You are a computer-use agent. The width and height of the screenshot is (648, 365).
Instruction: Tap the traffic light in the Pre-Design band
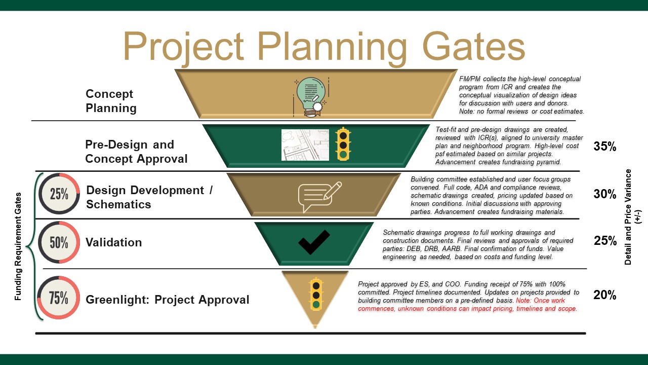pos(344,144)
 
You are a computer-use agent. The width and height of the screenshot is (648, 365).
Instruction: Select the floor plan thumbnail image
pos(305,144)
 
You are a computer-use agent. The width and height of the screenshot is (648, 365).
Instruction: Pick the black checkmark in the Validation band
pos(314,242)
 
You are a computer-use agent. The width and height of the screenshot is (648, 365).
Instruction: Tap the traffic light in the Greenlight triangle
pos(316,294)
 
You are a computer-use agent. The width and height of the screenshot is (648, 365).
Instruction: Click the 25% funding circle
pos(59,194)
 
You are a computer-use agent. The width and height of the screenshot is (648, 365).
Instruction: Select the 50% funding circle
pos(59,242)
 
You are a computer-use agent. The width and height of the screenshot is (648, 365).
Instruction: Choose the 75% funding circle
pos(59,298)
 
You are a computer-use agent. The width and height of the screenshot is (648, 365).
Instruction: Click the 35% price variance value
pos(604,147)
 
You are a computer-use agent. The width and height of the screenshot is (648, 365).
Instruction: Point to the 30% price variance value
pos(604,194)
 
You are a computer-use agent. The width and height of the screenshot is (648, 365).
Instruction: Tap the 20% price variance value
pos(604,295)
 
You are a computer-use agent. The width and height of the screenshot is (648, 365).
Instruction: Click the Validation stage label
pos(113,242)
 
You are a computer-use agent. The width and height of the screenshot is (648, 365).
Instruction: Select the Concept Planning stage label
pos(111,101)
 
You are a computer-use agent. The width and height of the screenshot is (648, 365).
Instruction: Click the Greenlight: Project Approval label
pos(168,300)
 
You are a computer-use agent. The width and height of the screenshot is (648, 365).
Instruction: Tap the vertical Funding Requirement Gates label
pos(18,246)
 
